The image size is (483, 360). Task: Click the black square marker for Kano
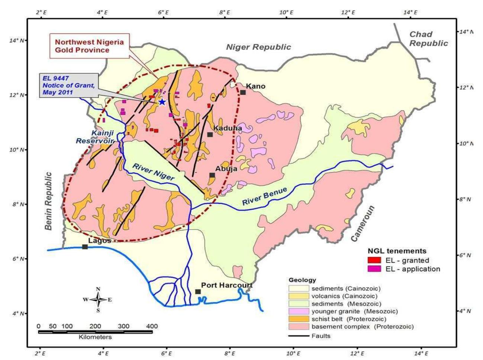[x=243, y=92]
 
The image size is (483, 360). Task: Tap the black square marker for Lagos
[x=85, y=247]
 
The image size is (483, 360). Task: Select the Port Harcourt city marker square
[x=198, y=292]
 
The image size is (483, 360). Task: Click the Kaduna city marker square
[x=210, y=135]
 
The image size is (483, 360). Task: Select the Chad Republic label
[x=428, y=39]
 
